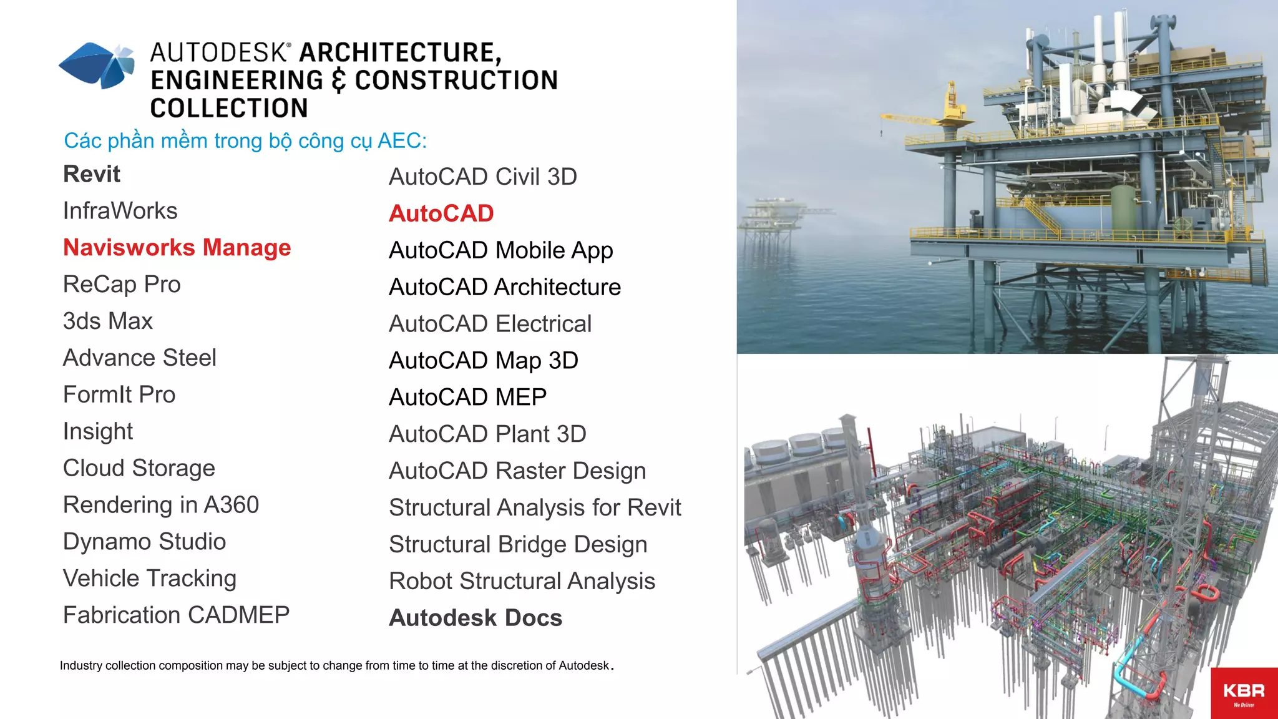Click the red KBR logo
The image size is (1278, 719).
(1244, 693)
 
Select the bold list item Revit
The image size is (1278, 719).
(92, 174)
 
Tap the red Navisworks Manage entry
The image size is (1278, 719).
(177, 248)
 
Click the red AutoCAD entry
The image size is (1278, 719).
(441, 213)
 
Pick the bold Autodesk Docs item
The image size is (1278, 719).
(476, 618)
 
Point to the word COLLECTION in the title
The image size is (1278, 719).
(229, 108)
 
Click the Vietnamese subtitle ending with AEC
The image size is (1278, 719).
(245, 141)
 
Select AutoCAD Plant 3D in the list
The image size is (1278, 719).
(487, 434)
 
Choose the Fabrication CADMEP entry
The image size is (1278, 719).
(176, 615)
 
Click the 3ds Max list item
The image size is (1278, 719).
(108, 321)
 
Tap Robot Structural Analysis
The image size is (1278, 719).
(522, 581)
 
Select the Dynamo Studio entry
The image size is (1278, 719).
(144, 542)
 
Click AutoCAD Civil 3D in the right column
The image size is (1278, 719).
(482, 177)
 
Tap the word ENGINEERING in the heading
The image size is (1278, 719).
(237, 81)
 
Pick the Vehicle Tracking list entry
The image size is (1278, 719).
(150, 579)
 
